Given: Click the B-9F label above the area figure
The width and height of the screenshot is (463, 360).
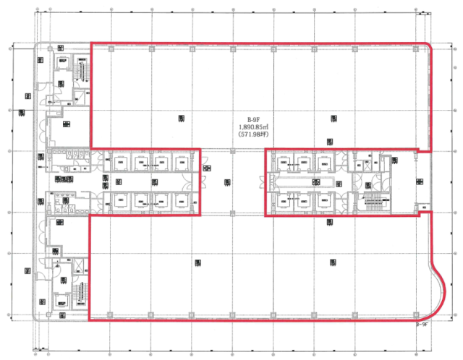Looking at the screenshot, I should pos(253,120).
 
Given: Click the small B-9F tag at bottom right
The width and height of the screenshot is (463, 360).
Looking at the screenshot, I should pos(422,325).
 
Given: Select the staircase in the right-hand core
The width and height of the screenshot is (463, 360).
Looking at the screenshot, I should pos(374,202).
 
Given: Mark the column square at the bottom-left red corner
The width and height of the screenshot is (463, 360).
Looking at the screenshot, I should pos(109,315).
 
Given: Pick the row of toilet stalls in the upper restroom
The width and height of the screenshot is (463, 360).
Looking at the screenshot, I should pos(69,153).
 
